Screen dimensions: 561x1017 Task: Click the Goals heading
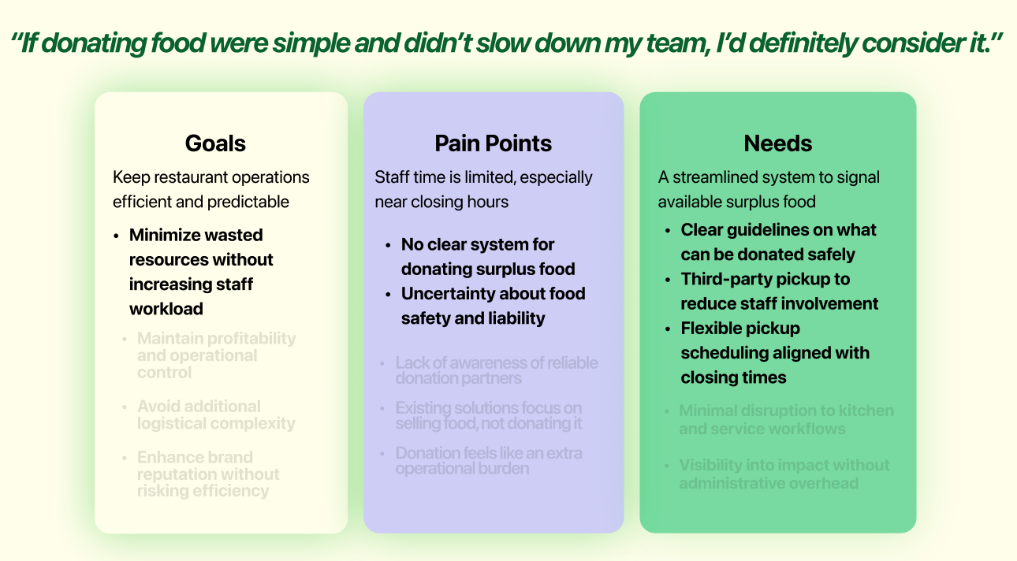coord(215,143)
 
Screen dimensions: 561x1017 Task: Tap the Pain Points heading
coord(493,143)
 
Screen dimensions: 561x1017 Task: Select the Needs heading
coord(777,143)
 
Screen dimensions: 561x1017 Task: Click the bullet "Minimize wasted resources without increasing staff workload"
coord(201,272)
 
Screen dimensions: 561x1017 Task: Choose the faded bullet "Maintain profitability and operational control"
coord(216,355)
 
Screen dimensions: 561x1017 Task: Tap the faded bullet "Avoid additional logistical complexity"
coord(216,415)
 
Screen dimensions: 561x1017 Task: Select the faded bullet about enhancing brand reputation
coord(208,474)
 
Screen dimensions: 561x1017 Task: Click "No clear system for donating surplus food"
coord(487,257)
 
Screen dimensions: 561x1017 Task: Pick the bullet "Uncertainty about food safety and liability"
coord(493,306)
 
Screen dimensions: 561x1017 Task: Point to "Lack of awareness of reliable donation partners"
coord(496,370)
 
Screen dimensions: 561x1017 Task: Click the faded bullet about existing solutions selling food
coord(489,415)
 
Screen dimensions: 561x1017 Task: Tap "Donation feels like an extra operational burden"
coord(489,460)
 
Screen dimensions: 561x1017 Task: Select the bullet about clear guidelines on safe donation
coord(778,242)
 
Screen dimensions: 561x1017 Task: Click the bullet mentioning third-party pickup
coord(779,292)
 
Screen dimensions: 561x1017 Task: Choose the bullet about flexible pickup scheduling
coord(774,353)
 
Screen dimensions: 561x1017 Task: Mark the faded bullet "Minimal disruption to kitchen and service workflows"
coord(786,420)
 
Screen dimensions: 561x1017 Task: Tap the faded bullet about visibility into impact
coord(784,474)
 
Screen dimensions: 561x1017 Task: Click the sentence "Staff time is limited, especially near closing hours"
coord(483,189)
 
